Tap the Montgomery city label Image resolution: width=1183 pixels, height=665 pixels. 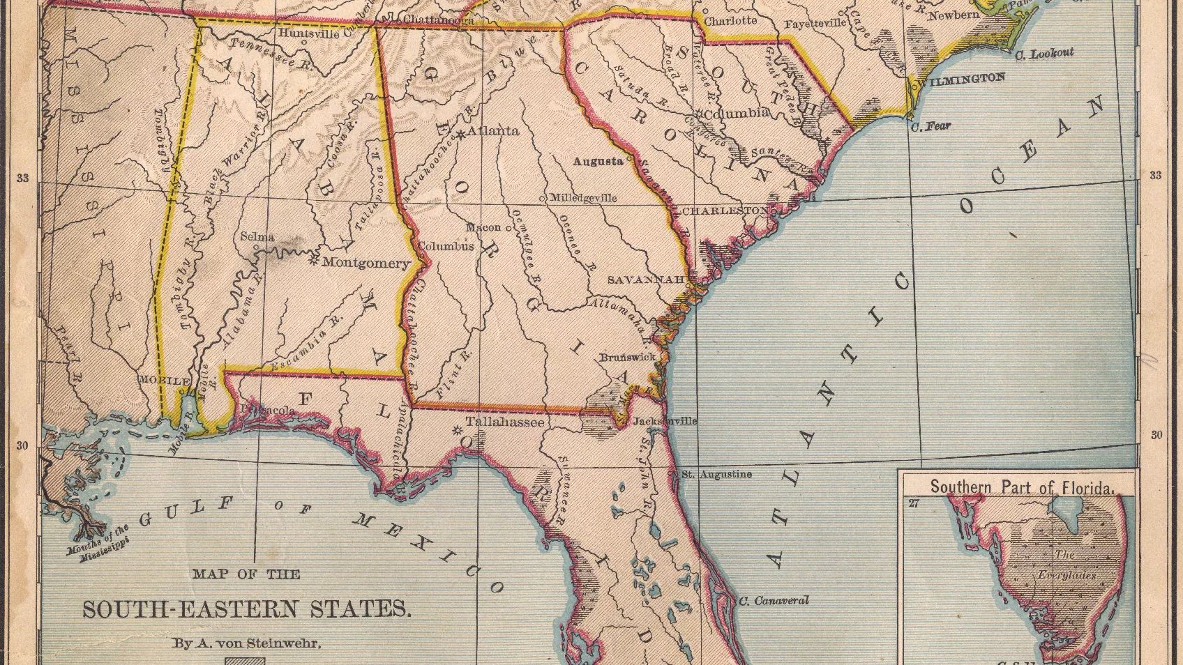click(x=366, y=263)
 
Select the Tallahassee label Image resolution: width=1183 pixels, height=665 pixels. click(x=504, y=422)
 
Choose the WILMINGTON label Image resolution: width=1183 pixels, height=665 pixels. click(x=962, y=79)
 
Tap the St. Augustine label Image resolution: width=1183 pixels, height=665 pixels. click(x=716, y=474)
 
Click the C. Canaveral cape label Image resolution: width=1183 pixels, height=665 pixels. click(x=774, y=600)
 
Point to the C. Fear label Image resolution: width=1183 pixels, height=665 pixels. click(x=931, y=126)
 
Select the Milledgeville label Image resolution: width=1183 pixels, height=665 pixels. click(x=583, y=197)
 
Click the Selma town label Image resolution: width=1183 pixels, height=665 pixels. click(x=257, y=236)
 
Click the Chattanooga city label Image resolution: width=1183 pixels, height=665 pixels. click(x=439, y=20)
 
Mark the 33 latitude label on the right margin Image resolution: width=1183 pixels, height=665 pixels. click(x=1156, y=175)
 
